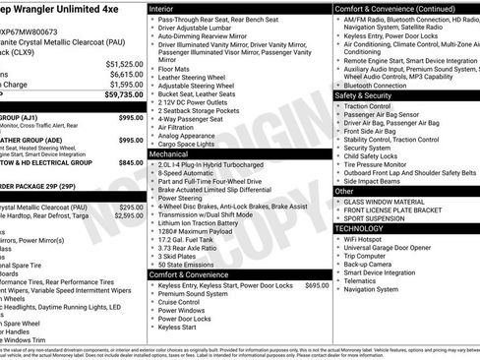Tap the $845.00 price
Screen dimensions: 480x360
point(131,163)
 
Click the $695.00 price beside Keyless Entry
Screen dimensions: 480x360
point(317,285)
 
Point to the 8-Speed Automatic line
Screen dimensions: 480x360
point(186,173)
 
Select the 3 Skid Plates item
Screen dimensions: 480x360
point(179,255)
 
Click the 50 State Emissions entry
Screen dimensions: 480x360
point(187,265)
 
